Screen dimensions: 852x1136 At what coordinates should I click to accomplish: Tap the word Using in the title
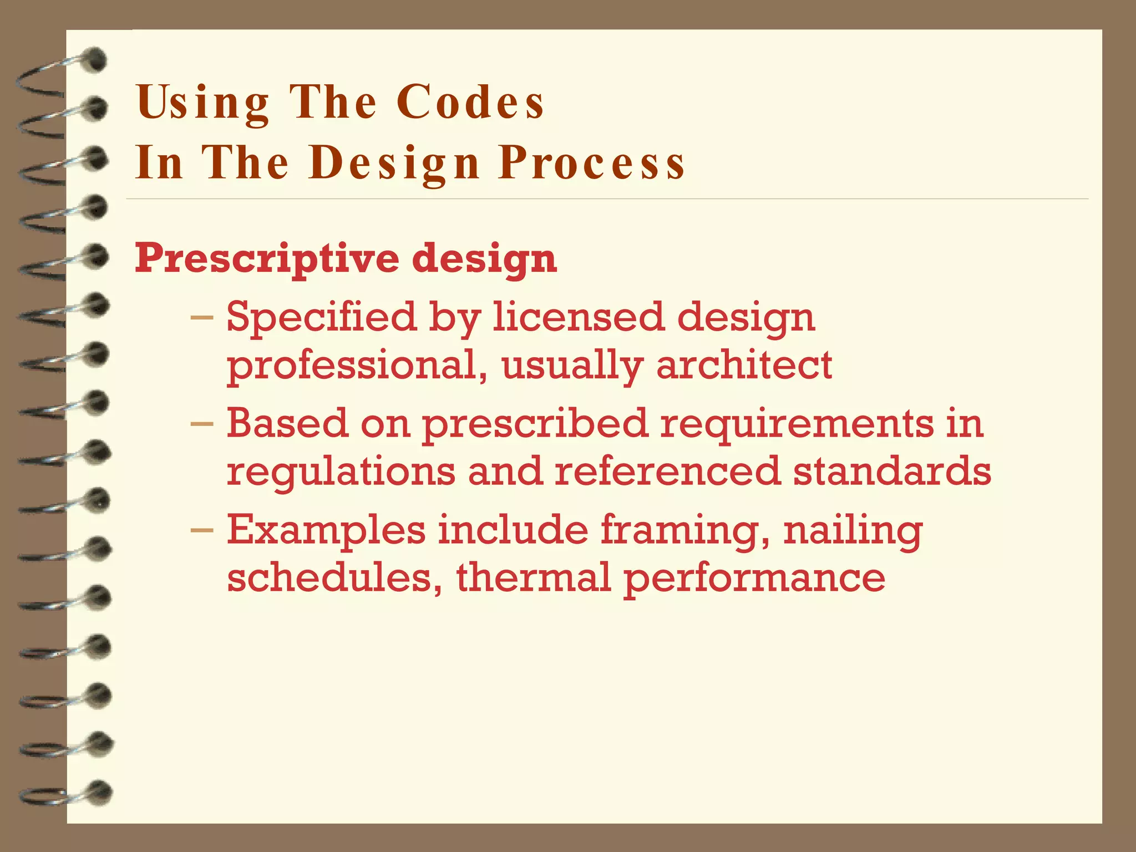[202, 103]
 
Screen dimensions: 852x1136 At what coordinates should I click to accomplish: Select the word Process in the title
[592, 163]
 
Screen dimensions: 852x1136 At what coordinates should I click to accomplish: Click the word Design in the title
[394, 163]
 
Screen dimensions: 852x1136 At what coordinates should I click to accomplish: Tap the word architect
[744, 365]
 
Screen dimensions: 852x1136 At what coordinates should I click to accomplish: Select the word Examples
[326, 530]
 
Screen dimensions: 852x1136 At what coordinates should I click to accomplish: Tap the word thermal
[533, 577]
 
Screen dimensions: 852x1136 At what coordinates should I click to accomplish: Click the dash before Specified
[201, 318]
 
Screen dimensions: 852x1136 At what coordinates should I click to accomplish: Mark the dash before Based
[201, 425]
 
